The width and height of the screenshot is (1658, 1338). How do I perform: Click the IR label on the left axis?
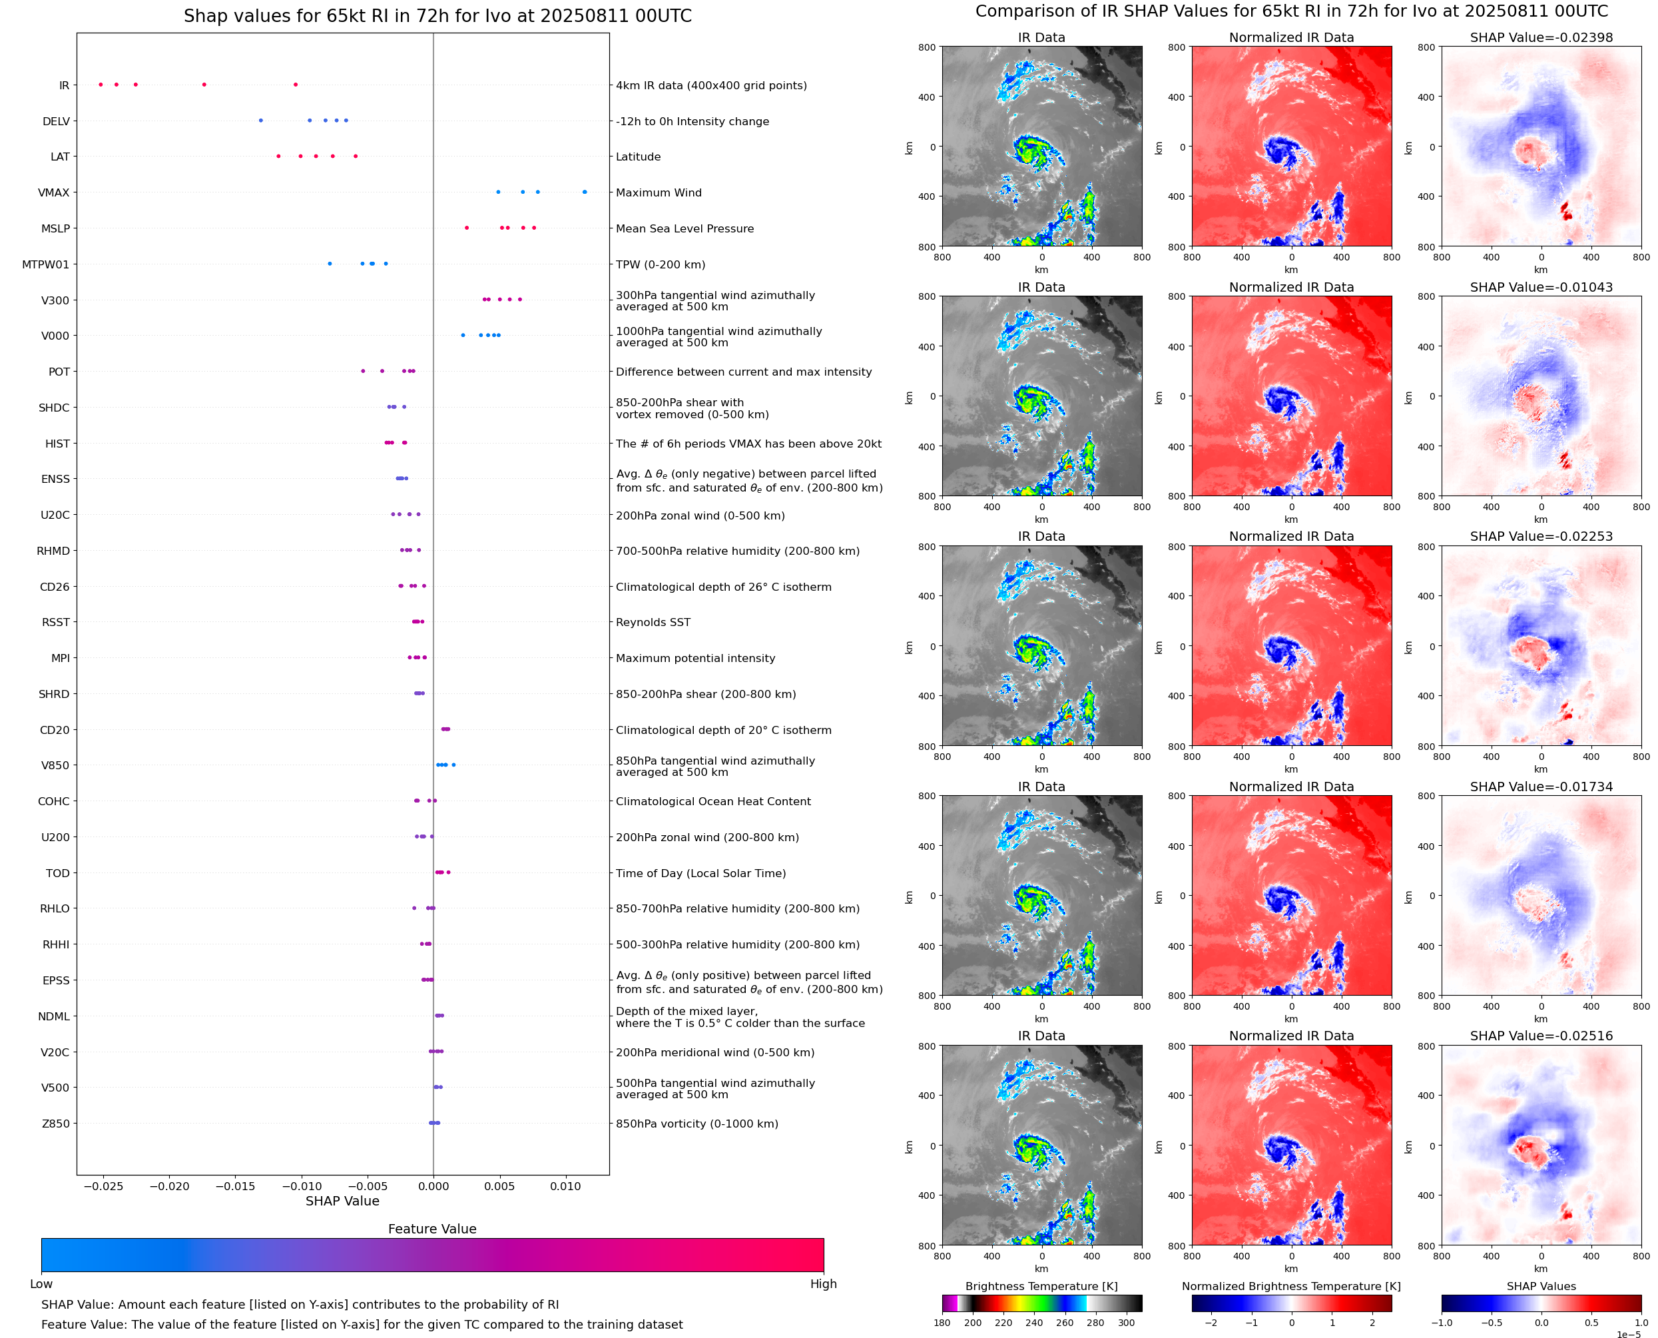64,85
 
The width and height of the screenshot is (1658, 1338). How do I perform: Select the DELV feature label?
56,121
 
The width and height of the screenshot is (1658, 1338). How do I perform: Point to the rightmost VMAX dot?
585,192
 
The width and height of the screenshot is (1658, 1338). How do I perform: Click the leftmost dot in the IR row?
101,85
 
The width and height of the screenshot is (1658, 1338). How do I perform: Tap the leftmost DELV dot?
260,121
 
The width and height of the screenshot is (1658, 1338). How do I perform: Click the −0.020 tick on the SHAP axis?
168,1186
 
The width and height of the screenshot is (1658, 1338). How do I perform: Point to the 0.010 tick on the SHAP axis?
565,1186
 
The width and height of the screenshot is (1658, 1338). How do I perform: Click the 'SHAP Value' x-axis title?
342,1201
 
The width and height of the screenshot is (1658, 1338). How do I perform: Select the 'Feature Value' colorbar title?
432,1229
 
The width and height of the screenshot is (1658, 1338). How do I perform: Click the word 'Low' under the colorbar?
41,1283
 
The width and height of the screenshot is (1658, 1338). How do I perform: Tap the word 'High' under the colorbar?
823,1283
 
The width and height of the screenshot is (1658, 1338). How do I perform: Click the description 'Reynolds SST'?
653,622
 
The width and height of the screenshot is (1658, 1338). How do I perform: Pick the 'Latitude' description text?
638,157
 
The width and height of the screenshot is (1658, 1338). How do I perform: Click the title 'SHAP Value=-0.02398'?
1541,37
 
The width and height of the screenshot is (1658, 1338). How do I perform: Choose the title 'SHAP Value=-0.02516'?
1541,1036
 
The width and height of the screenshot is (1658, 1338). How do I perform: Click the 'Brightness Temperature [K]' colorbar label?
1041,1286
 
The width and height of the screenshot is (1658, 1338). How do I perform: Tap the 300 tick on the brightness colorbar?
1127,1323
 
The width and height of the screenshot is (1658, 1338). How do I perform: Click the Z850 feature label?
55,1124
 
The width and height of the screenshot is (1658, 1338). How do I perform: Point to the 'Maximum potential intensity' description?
695,658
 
